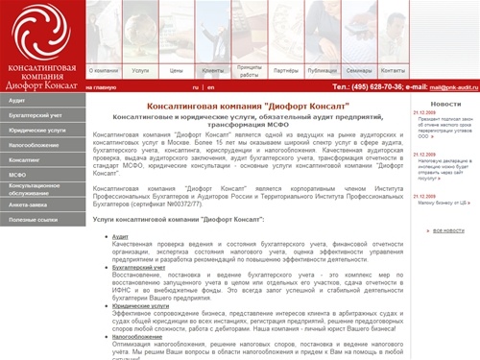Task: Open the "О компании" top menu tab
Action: pyautogui.click(x=105, y=70)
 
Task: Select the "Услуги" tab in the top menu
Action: pyautogui.click(x=140, y=70)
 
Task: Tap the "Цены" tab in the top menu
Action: pyautogui.click(x=176, y=70)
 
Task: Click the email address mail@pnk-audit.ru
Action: pyautogui.click(x=452, y=86)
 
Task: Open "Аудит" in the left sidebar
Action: pyautogui.click(x=17, y=100)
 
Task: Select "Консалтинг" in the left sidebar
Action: pyautogui.click(x=24, y=159)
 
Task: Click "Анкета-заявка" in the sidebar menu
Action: pyautogui.click(x=30, y=204)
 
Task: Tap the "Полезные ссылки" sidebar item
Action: pyautogui.click(x=34, y=219)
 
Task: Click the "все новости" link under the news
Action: pyautogui.click(x=447, y=230)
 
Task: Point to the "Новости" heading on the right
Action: pyautogui.click(x=445, y=103)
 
